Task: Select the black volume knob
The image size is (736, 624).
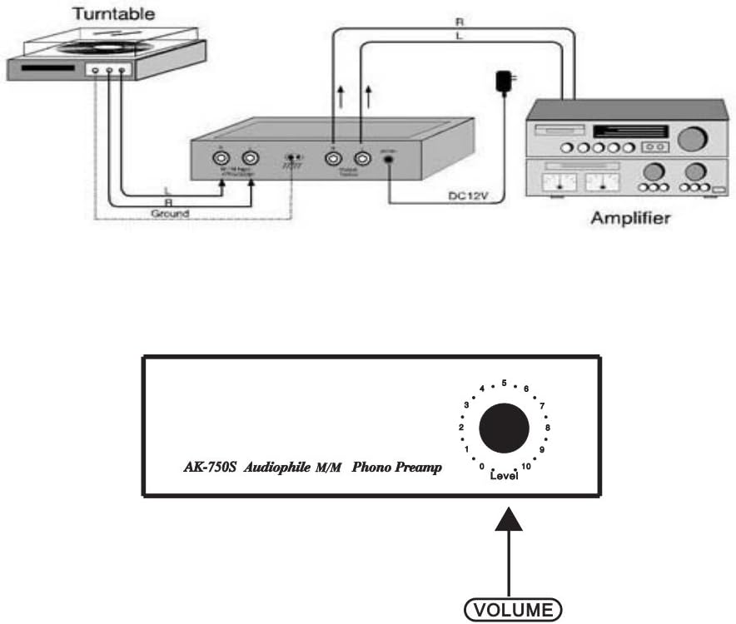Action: [x=504, y=428]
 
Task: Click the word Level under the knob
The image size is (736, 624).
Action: [x=504, y=475]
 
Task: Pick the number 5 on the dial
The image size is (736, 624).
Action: [x=505, y=383]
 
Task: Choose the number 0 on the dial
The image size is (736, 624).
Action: [x=483, y=466]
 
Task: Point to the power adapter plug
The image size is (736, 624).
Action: [x=505, y=82]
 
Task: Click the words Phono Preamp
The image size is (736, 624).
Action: [x=396, y=468]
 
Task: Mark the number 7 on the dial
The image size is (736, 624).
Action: [x=542, y=406]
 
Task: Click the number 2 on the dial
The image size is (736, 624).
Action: [x=460, y=428]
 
